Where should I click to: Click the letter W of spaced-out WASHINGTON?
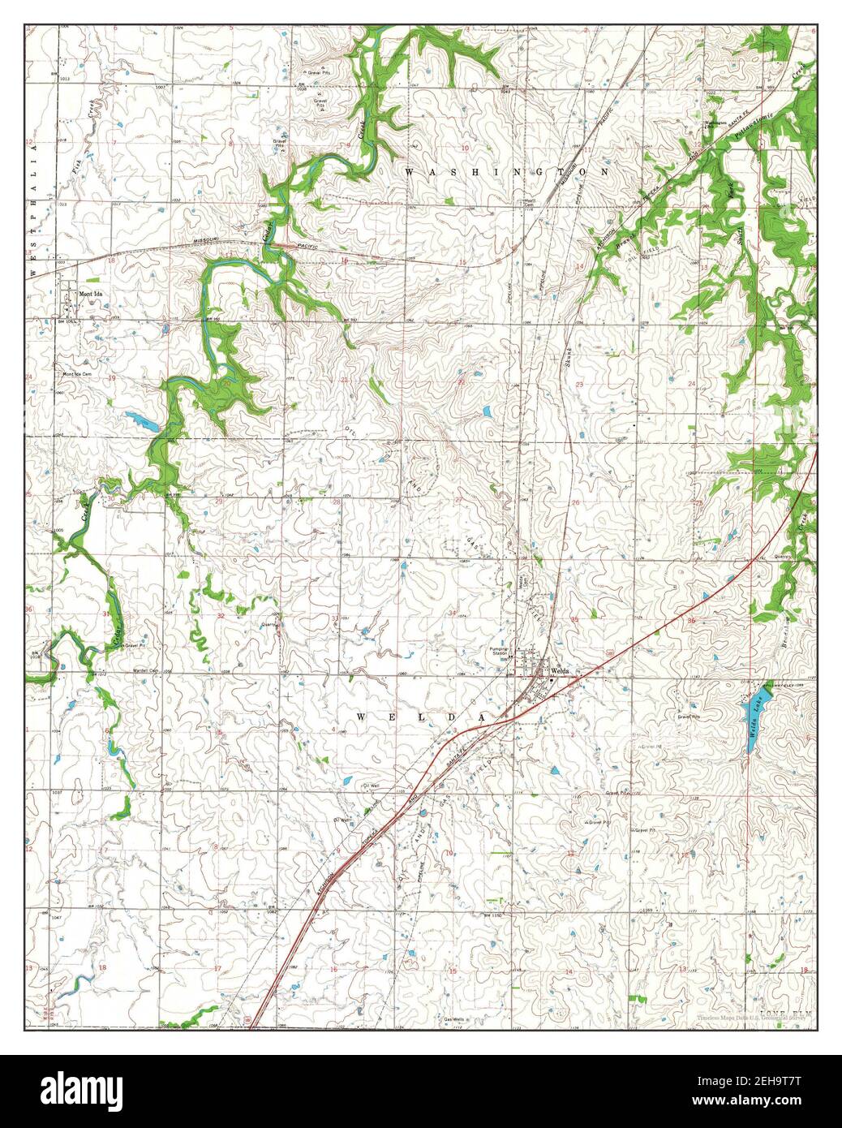(x=408, y=172)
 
